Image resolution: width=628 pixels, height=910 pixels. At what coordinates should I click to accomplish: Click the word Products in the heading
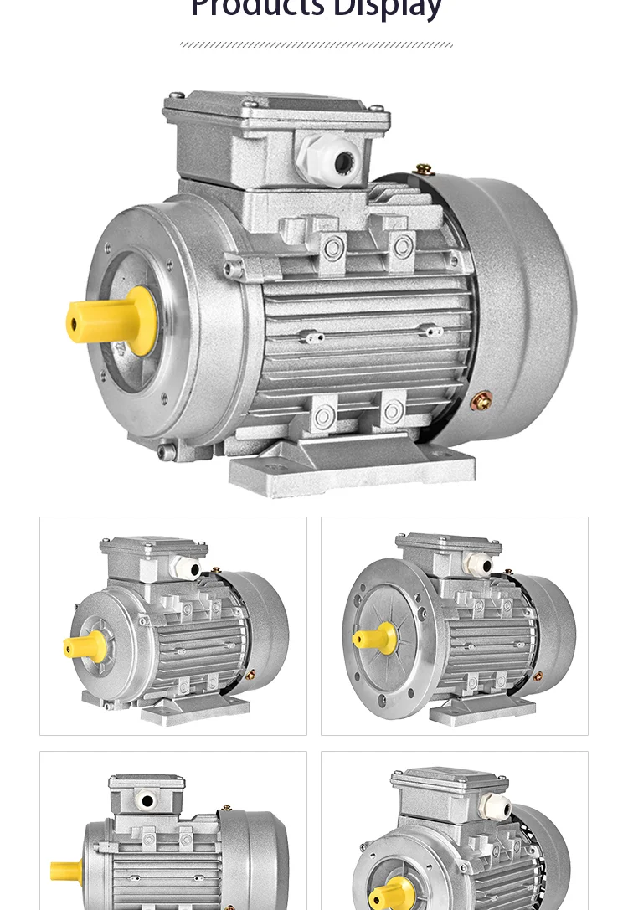point(257,8)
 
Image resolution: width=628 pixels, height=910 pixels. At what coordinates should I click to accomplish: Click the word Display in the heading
point(387,8)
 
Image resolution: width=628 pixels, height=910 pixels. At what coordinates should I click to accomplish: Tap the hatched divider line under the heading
point(316,44)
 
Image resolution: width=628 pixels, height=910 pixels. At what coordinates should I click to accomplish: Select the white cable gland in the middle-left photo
point(186,568)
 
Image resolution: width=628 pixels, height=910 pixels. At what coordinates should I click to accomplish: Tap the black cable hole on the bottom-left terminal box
point(147,801)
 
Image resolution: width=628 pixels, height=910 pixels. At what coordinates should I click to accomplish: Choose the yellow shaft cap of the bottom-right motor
point(391,894)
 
